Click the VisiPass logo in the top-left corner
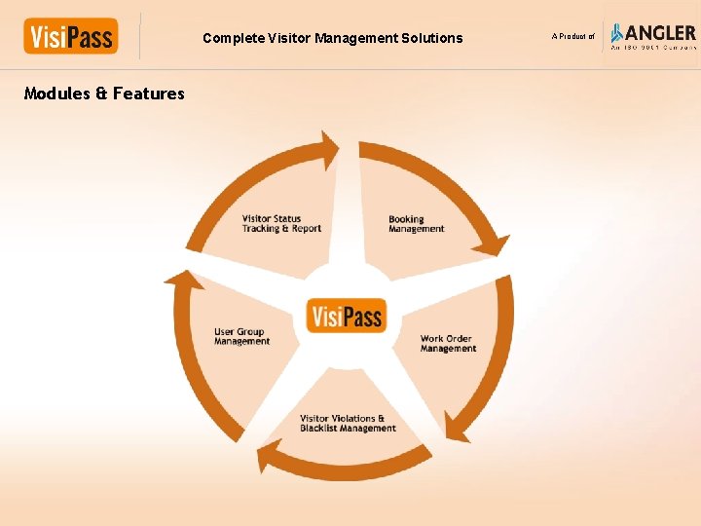click(70, 37)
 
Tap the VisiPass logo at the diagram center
click(347, 316)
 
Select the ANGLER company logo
click(652, 36)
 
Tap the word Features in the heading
click(148, 94)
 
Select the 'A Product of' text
click(572, 37)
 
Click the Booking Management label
click(416, 224)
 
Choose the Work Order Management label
click(448, 344)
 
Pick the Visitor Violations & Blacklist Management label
click(348, 424)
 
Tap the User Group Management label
click(241, 337)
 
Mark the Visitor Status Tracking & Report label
click(281, 224)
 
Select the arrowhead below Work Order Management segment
click(457, 427)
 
